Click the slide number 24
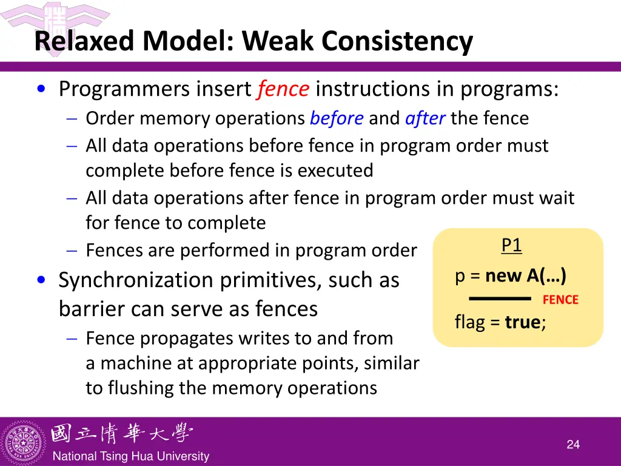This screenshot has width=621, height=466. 573,445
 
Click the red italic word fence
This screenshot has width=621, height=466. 283,90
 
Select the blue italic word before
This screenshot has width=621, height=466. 337,118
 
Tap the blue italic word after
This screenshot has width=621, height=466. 425,118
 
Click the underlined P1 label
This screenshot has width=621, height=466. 511,245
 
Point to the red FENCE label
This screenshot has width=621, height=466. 560,300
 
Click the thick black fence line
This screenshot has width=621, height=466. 500,299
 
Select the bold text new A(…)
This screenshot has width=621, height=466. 526,276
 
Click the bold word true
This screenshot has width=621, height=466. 523,322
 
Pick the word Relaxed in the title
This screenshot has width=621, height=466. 86,41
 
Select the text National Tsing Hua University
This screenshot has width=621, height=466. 131,456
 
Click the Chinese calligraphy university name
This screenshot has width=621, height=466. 121,433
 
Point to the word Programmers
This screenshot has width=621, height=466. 124,90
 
